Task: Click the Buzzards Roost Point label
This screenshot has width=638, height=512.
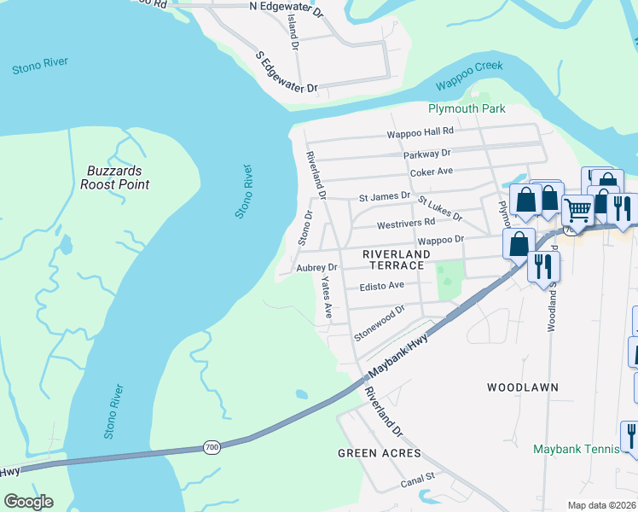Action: tap(118, 177)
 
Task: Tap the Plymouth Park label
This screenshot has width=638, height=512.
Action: tap(467, 108)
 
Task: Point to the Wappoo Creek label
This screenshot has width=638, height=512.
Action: tap(469, 76)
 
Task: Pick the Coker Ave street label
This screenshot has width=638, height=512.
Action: tap(431, 172)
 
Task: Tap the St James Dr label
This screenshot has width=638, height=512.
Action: tap(385, 196)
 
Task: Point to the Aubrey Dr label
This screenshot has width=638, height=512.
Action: tap(317, 268)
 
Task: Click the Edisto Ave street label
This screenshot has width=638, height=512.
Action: tap(381, 286)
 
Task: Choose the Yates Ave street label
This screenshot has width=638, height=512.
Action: tap(326, 298)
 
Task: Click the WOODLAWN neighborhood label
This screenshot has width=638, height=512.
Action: tap(523, 387)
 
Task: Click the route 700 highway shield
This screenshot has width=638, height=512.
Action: tap(212, 446)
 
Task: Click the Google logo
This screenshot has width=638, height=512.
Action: tap(28, 502)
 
